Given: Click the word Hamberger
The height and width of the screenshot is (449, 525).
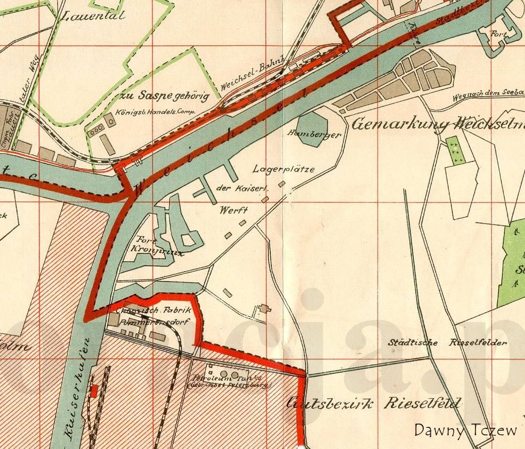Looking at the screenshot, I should (314, 135).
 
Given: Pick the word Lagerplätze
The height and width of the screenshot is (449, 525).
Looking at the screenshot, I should (283, 169).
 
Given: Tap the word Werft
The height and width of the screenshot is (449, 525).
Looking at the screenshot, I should (234, 210).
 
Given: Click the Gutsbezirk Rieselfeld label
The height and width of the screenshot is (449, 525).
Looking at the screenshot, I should (374, 404).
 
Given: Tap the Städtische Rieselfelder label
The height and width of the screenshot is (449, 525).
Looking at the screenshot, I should (447, 343).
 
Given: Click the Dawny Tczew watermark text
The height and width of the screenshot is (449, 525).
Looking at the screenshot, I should (465, 430).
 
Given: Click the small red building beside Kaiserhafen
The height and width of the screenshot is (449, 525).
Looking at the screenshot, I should (94, 391).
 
